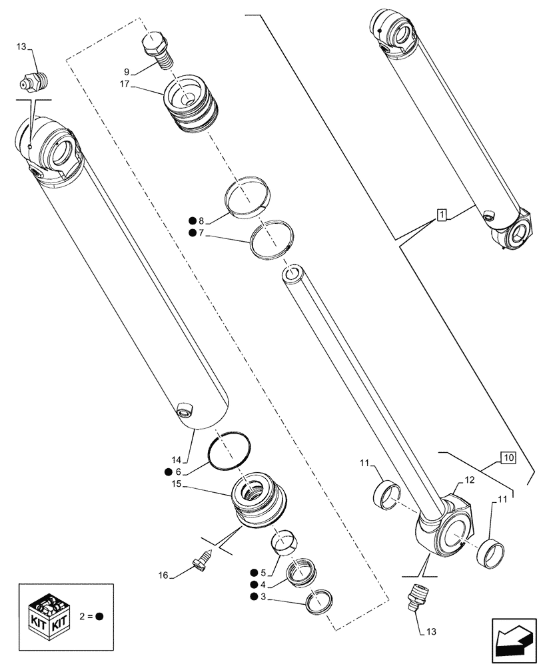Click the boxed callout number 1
[441, 214]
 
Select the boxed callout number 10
[508, 458]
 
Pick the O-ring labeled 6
[229, 454]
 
